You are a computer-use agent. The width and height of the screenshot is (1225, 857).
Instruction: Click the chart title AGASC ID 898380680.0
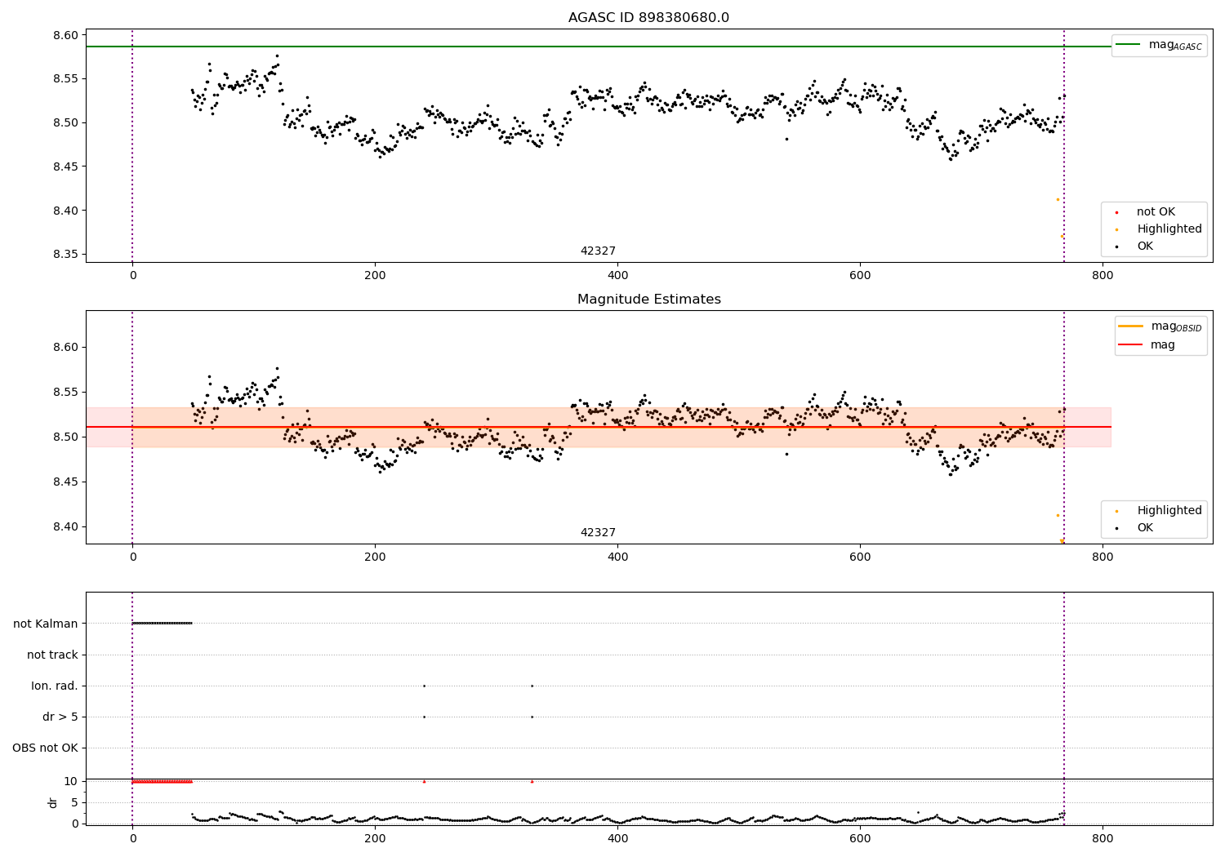(x=648, y=18)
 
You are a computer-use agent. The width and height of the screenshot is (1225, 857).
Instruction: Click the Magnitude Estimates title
(x=648, y=300)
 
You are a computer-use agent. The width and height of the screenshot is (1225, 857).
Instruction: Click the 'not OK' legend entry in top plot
(x=1155, y=212)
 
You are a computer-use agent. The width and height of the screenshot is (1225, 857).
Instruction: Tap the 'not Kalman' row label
(x=46, y=624)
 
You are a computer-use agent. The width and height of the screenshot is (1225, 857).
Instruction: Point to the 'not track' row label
(x=52, y=655)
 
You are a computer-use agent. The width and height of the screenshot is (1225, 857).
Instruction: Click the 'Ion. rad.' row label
(x=55, y=686)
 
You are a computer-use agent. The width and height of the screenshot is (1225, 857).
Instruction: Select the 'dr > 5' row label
(x=60, y=717)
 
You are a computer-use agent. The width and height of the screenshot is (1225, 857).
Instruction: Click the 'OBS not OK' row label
(x=45, y=748)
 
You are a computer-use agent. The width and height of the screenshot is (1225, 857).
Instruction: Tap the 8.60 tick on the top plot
(x=66, y=35)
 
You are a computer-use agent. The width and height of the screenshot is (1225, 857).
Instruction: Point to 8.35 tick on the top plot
(x=66, y=254)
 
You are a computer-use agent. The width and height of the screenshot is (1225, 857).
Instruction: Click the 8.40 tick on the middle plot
(x=66, y=526)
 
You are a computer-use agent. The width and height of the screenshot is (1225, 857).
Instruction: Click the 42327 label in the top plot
(x=598, y=251)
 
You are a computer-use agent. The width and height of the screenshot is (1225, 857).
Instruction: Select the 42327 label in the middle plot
(x=598, y=533)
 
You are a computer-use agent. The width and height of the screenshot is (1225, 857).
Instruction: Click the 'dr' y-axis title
(x=53, y=802)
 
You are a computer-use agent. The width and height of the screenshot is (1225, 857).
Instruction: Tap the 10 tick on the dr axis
(x=71, y=781)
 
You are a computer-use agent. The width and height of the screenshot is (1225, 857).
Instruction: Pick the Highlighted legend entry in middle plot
(x=1169, y=511)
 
